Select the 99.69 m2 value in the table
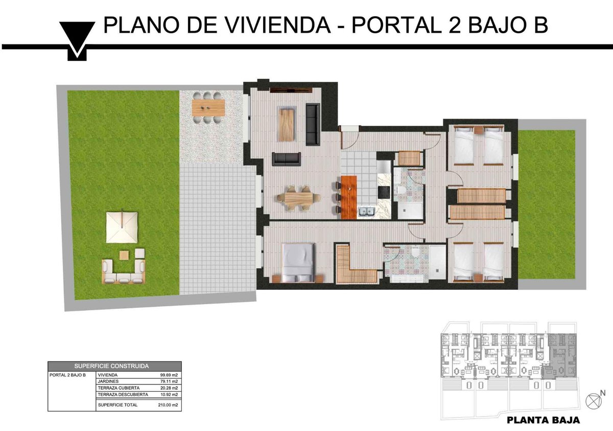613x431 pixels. point(169,375)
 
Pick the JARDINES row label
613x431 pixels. point(108,381)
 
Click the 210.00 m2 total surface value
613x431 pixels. point(168,405)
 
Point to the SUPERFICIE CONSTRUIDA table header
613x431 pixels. point(111,366)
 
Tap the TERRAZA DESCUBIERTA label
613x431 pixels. point(123,395)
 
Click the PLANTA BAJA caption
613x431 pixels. point(543,420)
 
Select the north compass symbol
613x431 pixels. point(594,401)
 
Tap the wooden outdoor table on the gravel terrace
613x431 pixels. point(208,107)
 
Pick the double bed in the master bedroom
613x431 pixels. point(298,262)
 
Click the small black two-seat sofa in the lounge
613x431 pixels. point(286,159)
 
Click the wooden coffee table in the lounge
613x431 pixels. point(287,125)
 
